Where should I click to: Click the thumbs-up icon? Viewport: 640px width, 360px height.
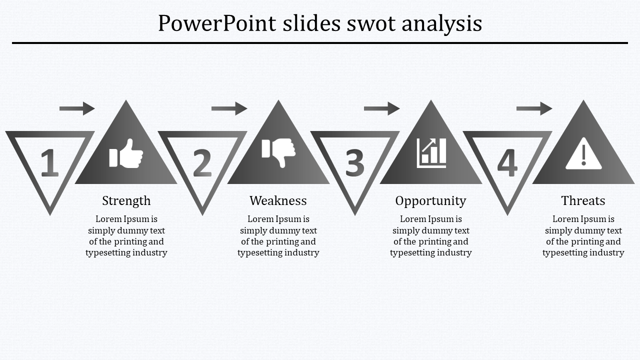126,153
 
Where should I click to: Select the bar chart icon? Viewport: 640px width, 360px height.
431,153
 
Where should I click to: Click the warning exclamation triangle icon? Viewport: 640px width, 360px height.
583,155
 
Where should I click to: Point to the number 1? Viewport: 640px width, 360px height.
49,163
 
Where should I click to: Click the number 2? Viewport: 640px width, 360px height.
202,163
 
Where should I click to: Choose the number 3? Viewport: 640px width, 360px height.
354,163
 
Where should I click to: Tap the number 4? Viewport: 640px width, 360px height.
507,163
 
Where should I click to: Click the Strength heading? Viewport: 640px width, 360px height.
126,201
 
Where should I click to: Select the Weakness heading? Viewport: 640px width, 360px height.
278,201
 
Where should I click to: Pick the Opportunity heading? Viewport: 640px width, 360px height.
430,201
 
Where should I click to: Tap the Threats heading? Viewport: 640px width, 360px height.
583,201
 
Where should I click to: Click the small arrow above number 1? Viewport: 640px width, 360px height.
77,108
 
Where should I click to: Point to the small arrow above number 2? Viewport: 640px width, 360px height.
229,108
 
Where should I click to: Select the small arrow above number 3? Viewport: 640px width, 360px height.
381,108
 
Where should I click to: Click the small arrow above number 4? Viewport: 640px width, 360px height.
534,108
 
